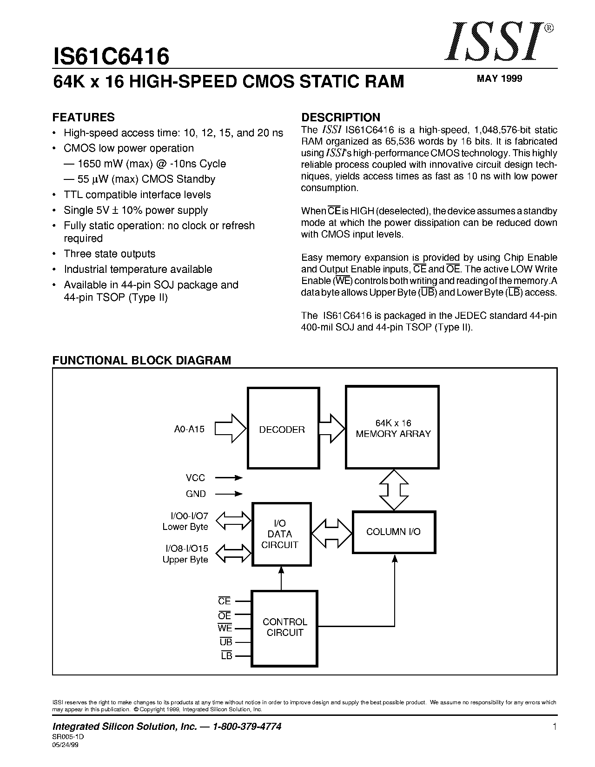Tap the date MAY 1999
click(x=499, y=79)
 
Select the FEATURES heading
click(x=83, y=117)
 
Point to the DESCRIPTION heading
click(x=341, y=117)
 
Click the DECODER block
click(x=282, y=429)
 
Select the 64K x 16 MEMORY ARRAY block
click(x=392, y=428)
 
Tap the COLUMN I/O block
click(x=394, y=532)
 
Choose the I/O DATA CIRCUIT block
click(x=281, y=534)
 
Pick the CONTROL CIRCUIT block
click(x=284, y=628)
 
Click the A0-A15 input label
click(x=189, y=429)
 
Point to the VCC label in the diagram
click(x=195, y=477)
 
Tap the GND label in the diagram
click(x=196, y=494)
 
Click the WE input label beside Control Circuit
click(x=225, y=628)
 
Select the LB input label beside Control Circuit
click(x=226, y=656)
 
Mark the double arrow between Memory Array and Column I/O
click(x=394, y=489)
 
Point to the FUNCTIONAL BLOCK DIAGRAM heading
click(x=141, y=360)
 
